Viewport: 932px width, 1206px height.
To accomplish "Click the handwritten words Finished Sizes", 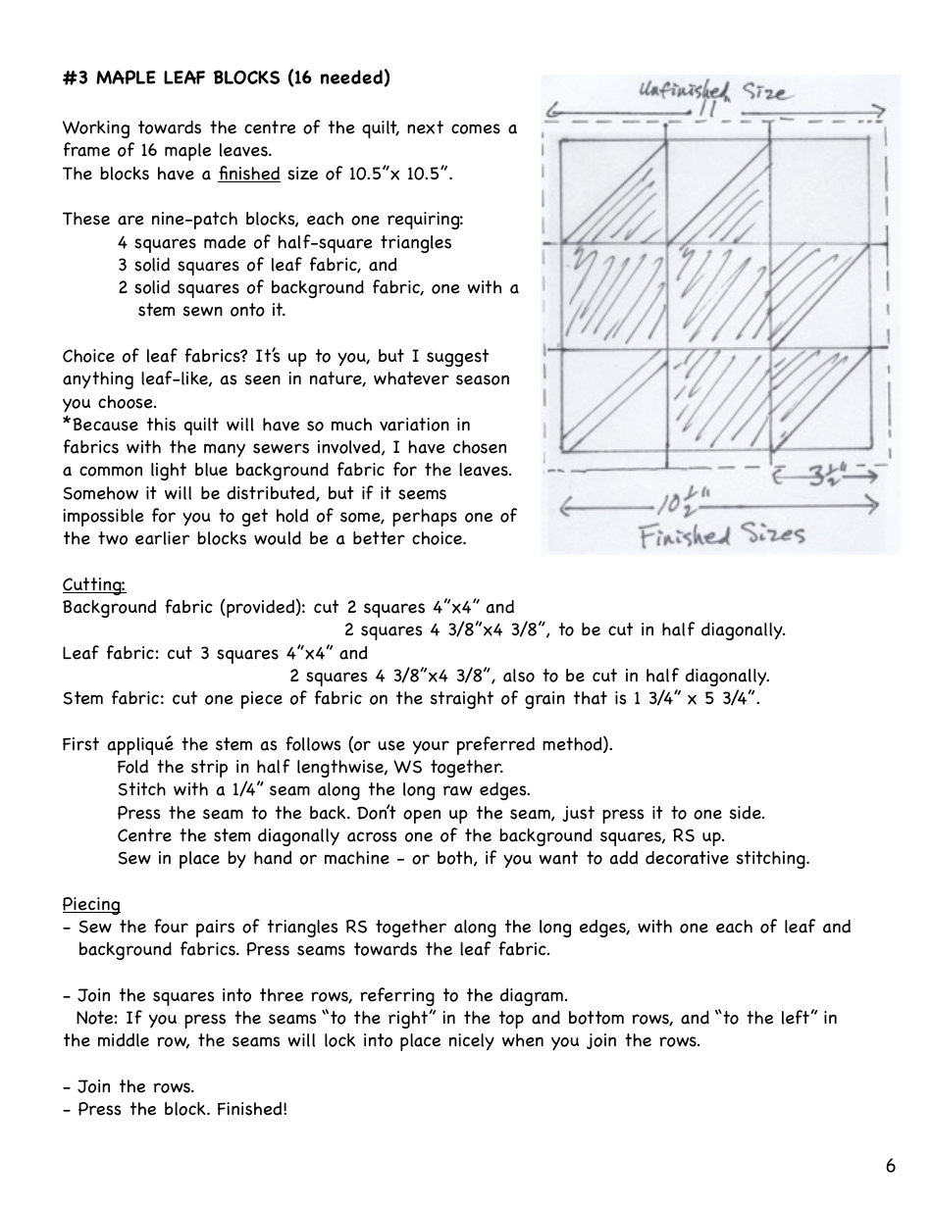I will coord(721,535).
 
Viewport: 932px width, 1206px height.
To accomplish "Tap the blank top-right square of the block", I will coord(826,192).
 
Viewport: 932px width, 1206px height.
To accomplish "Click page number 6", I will coord(890,1166).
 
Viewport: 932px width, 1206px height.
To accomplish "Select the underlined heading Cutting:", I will coord(94,584).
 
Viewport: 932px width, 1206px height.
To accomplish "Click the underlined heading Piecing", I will coord(91,904).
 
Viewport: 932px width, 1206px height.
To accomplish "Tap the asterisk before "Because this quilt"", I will coord(67,425).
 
